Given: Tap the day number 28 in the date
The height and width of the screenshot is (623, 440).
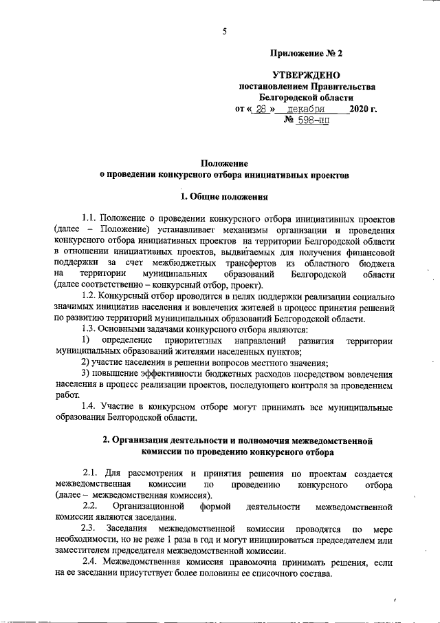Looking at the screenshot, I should point(262,109).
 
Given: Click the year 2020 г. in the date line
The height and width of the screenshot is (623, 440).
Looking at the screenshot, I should point(362,109).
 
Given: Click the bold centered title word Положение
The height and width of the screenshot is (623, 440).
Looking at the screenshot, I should point(223,163).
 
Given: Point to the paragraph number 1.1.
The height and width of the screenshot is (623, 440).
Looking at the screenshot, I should point(92,218).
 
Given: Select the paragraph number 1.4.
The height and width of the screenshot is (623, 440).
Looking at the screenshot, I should point(92,408).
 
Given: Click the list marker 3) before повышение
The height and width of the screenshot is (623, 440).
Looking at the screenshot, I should point(87,374).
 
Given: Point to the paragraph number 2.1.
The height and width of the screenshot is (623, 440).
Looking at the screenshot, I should point(92,474).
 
